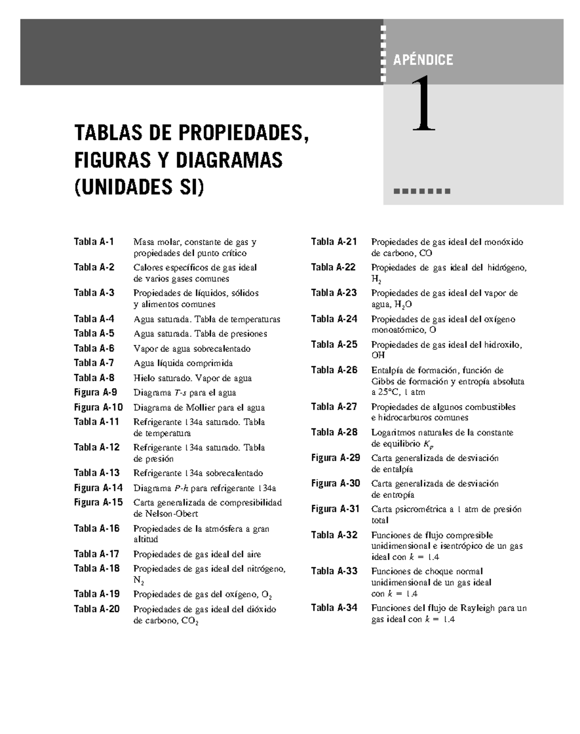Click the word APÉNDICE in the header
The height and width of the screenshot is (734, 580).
pyautogui.click(x=423, y=60)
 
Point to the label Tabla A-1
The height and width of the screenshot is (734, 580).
pyautogui.click(x=94, y=242)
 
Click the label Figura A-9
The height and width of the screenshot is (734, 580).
pyautogui.click(x=95, y=393)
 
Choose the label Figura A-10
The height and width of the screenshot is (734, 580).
pyautogui.click(x=98, y=408)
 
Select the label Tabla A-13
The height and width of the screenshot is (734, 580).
pyautogui.click(x=96, y=473)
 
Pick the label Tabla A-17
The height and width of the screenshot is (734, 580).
pyautogui.click(x=96, y=554)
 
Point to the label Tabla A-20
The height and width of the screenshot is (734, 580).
pyautogui.click(x=96, y=609)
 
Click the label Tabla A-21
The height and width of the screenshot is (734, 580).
pyautogui.click(x=333, y=242)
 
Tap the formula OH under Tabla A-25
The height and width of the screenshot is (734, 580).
pyautogui.click(x=378, y=355)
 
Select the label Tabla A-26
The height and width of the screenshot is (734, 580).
pyautogui.click(x=334, y=370)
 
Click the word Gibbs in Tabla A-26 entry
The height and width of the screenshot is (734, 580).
pyautogui.click(x=382, y=381)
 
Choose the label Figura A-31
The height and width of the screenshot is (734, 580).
pyautogui.click(x=335, y=509)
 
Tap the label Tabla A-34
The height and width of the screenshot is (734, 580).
pyautogui.click(x=334, y=608)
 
